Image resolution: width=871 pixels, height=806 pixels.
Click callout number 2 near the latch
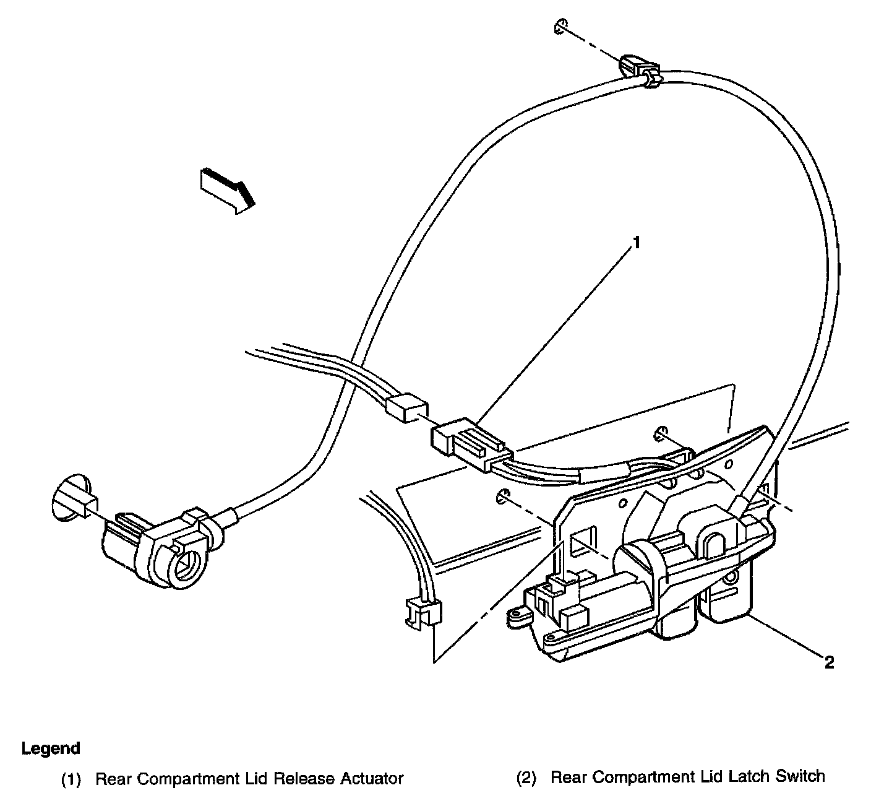830,663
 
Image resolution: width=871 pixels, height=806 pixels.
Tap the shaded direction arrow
227,188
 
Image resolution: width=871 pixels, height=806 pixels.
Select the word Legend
51,748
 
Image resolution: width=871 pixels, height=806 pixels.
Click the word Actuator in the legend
372,778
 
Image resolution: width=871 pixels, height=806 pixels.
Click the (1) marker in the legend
71,779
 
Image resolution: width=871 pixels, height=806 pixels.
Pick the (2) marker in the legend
526,778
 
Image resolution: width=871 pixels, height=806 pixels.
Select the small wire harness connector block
406,409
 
